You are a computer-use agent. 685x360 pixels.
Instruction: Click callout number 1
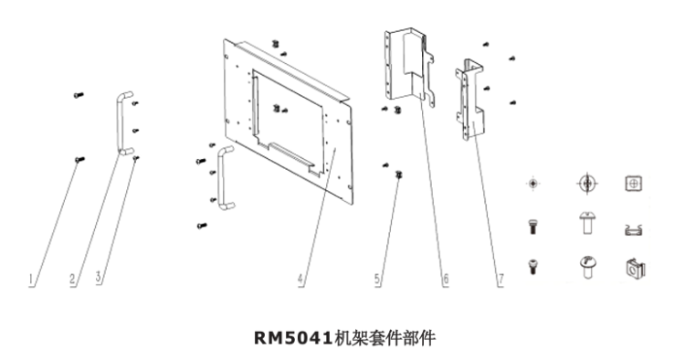31,280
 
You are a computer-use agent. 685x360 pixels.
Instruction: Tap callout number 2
73,280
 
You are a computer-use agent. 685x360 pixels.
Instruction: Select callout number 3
100,277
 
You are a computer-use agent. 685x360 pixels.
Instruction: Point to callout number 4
301,280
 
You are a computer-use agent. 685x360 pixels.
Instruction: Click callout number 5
378,280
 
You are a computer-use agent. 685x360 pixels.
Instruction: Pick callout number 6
445,280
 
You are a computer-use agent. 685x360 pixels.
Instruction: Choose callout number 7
501,280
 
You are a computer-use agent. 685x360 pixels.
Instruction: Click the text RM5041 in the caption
293,338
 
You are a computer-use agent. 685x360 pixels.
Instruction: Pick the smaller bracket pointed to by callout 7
469,100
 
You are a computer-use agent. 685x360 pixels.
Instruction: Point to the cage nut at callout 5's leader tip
398,175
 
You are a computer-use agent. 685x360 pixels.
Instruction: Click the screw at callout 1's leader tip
79,160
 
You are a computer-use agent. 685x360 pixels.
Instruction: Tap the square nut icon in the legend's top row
634,184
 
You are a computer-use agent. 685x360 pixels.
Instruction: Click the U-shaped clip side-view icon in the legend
634,229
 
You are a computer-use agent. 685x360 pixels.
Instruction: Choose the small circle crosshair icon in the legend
532,184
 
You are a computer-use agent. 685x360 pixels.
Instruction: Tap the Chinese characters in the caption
385,338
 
